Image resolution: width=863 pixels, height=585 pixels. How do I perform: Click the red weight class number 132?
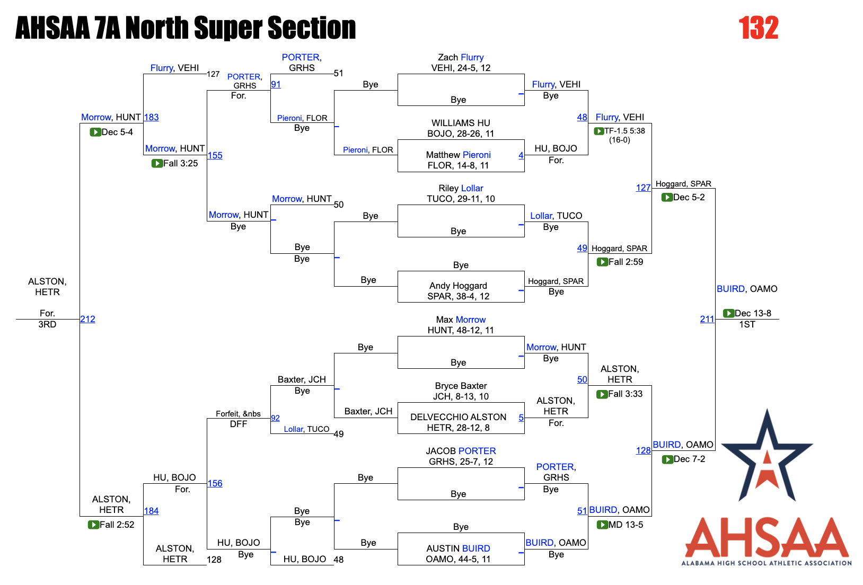(x=758, y=28)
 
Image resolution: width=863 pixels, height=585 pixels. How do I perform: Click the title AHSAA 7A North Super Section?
(x=186, y=28)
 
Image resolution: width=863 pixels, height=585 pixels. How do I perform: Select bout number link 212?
(x=87, y=319)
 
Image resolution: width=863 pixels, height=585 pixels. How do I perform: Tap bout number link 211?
(x=707, y=319)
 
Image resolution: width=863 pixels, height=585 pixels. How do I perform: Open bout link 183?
(x=151, y=117)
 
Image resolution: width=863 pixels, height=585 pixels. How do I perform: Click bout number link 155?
(x=215, y=155)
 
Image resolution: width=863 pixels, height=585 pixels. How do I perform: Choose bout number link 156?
(x=215, y=483)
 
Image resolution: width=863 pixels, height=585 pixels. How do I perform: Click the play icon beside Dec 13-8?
(x=728, y=313)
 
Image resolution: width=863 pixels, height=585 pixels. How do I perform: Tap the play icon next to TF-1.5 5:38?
(x=598, y=131)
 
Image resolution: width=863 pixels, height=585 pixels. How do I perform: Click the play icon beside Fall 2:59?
(x=602, y=262)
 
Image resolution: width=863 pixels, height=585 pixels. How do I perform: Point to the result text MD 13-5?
(x=626, y=525)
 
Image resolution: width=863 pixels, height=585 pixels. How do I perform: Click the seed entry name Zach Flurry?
(x=461, y=57)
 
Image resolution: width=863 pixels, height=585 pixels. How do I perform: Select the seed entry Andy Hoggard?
(x=458, y=286)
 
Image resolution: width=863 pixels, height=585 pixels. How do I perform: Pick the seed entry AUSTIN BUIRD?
(x=458, y=548)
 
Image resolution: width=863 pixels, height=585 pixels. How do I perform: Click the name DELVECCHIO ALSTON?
(x=458, y=417)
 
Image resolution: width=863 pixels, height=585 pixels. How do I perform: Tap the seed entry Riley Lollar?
(x=461, y=188)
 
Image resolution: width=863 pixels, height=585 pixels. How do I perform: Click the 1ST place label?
(x=747, y=324)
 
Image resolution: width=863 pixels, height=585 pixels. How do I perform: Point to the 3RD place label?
(x=47, y=324)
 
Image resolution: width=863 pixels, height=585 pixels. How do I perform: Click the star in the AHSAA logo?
(x=767, y=456)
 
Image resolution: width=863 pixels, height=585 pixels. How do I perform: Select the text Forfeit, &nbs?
(x=238, y=414)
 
